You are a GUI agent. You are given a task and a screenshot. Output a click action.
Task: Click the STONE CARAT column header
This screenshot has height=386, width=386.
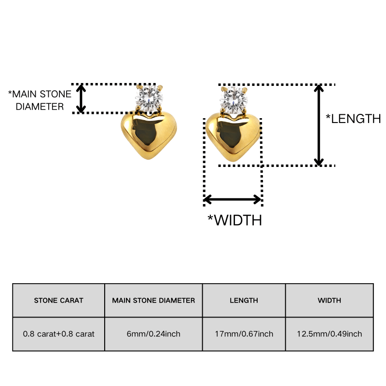click(58, 300)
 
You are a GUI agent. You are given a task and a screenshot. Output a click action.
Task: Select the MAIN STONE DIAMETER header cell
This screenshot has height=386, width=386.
click(153, 300)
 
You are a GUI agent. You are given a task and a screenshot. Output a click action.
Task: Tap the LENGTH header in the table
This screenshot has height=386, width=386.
click(244, 300)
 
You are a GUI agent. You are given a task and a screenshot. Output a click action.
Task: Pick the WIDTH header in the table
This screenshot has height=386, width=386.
click(330, 300)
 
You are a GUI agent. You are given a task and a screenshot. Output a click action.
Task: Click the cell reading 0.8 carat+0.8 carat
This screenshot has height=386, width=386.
click(58, 334)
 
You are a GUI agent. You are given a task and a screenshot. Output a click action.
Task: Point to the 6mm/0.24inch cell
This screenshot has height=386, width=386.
click(153, 334)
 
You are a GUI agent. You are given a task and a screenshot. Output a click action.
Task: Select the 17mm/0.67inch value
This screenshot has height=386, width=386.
click(244, 334)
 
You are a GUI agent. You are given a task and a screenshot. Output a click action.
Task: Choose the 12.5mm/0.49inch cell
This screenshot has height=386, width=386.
click(330, 334)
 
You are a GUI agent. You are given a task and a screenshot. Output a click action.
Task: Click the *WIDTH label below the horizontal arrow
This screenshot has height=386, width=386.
click(234, 220)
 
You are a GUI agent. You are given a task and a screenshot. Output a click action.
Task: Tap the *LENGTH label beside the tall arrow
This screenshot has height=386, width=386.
click(353, 119)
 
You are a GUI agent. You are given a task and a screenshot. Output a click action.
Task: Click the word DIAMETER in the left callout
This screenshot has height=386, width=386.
click(40, 107)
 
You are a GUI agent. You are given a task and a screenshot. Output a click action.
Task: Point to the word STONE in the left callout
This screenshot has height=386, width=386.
click(55, 94)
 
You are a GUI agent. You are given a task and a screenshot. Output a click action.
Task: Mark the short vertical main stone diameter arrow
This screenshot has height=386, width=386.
click(81, 98)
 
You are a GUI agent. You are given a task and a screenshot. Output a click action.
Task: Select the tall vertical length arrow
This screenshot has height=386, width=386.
click(319, 125)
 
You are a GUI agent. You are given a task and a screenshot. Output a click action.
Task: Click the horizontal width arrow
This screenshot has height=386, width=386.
click(233, 199)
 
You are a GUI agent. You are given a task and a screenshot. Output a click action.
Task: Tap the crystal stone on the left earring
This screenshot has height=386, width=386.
click(149, 98)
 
